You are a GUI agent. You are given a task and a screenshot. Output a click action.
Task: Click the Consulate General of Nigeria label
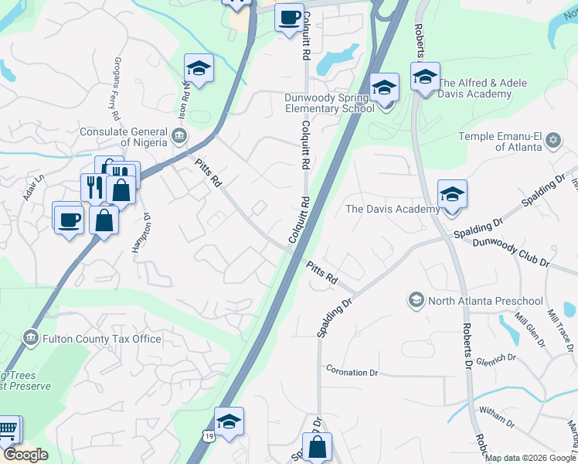pyautogui.click(x=124, y=137)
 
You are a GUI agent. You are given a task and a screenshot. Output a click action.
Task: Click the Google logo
pyautogui.click(x=25, y=455)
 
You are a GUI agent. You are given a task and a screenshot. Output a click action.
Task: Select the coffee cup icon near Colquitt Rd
pyautogui.click(x=290, y=17)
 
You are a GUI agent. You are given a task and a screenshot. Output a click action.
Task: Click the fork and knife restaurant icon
pyautogui.click(x=92, y=188)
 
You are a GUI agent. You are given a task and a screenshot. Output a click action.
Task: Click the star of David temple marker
pyautogui.click(x=552, y=139)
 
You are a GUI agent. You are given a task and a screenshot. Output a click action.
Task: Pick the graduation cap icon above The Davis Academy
pyautogui.click(x=452, y=195)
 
